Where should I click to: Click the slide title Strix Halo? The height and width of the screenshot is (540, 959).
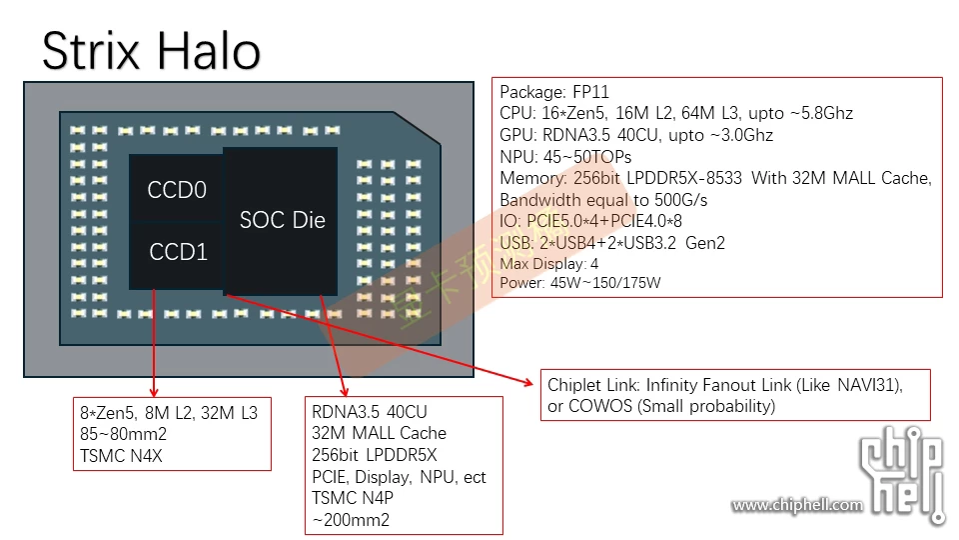tap(152, 50)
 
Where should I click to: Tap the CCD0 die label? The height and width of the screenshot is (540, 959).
tap(177, 190)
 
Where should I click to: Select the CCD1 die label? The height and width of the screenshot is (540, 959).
tap(178, 252)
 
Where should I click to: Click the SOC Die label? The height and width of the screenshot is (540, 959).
tap(283, 220)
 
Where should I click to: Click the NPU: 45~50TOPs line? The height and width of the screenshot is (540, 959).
tap(565, 157)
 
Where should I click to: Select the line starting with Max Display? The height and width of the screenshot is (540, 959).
tap(549, 264)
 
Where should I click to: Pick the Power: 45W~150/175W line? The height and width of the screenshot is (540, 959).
tap(579, 283)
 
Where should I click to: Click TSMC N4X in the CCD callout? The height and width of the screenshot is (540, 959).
tap(120, 455)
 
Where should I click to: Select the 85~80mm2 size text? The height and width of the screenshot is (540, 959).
tap(123, 434)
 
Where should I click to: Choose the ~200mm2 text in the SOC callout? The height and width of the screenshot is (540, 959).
tap(351, 520)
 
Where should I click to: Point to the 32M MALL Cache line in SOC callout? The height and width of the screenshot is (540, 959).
tap(379, 433)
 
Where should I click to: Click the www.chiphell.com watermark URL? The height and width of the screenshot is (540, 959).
tap(796, 505)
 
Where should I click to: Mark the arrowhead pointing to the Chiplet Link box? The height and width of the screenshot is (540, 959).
tap(531, 381)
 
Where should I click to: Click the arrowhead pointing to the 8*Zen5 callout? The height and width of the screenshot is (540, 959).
tap(155, 391)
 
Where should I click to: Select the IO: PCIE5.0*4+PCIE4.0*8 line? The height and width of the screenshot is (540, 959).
tap(590, 221)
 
